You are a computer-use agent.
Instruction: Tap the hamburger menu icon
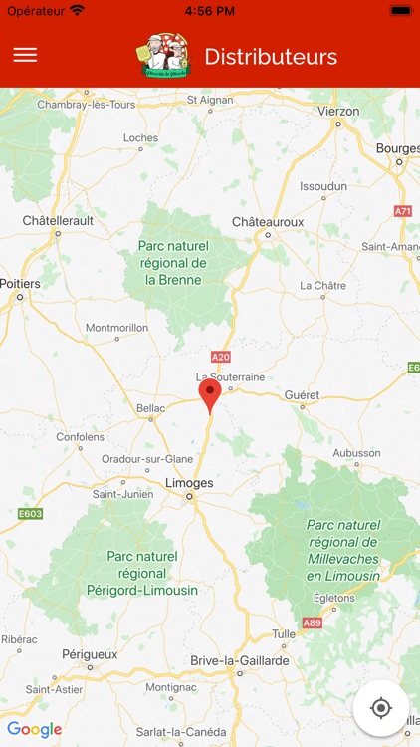(x=25, y=55)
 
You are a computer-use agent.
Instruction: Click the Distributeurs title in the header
(x=271, y=57)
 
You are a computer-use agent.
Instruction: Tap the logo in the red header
(x=163, y=57)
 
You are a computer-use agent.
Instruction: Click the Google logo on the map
(x=35, y=730)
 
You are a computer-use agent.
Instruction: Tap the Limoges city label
(x=188, y=483)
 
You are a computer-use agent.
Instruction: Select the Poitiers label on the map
(x=20, y=284)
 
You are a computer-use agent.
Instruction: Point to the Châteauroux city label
(x=268, y=221)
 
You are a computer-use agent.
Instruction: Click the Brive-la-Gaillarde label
(x=240, y=660)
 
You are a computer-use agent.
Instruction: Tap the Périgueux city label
(x=90, y=654)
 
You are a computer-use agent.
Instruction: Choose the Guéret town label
(x=302, y=394)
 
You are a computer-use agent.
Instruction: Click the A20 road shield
(x=220, y=357)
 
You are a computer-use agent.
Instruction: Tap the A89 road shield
(x=312, y=622)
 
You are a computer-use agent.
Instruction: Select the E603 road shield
(x=30, y=514)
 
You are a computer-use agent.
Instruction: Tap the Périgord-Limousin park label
(x=142, y=573)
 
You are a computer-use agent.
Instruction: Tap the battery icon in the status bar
(x=400, y=10)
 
